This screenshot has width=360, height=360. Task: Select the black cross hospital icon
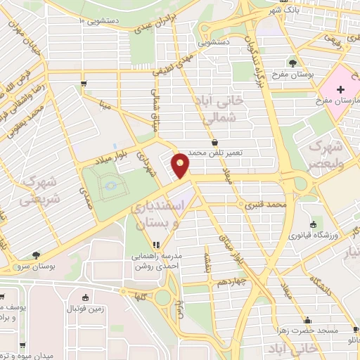click(340, 89)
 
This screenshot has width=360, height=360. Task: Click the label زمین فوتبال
click(85, 309)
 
